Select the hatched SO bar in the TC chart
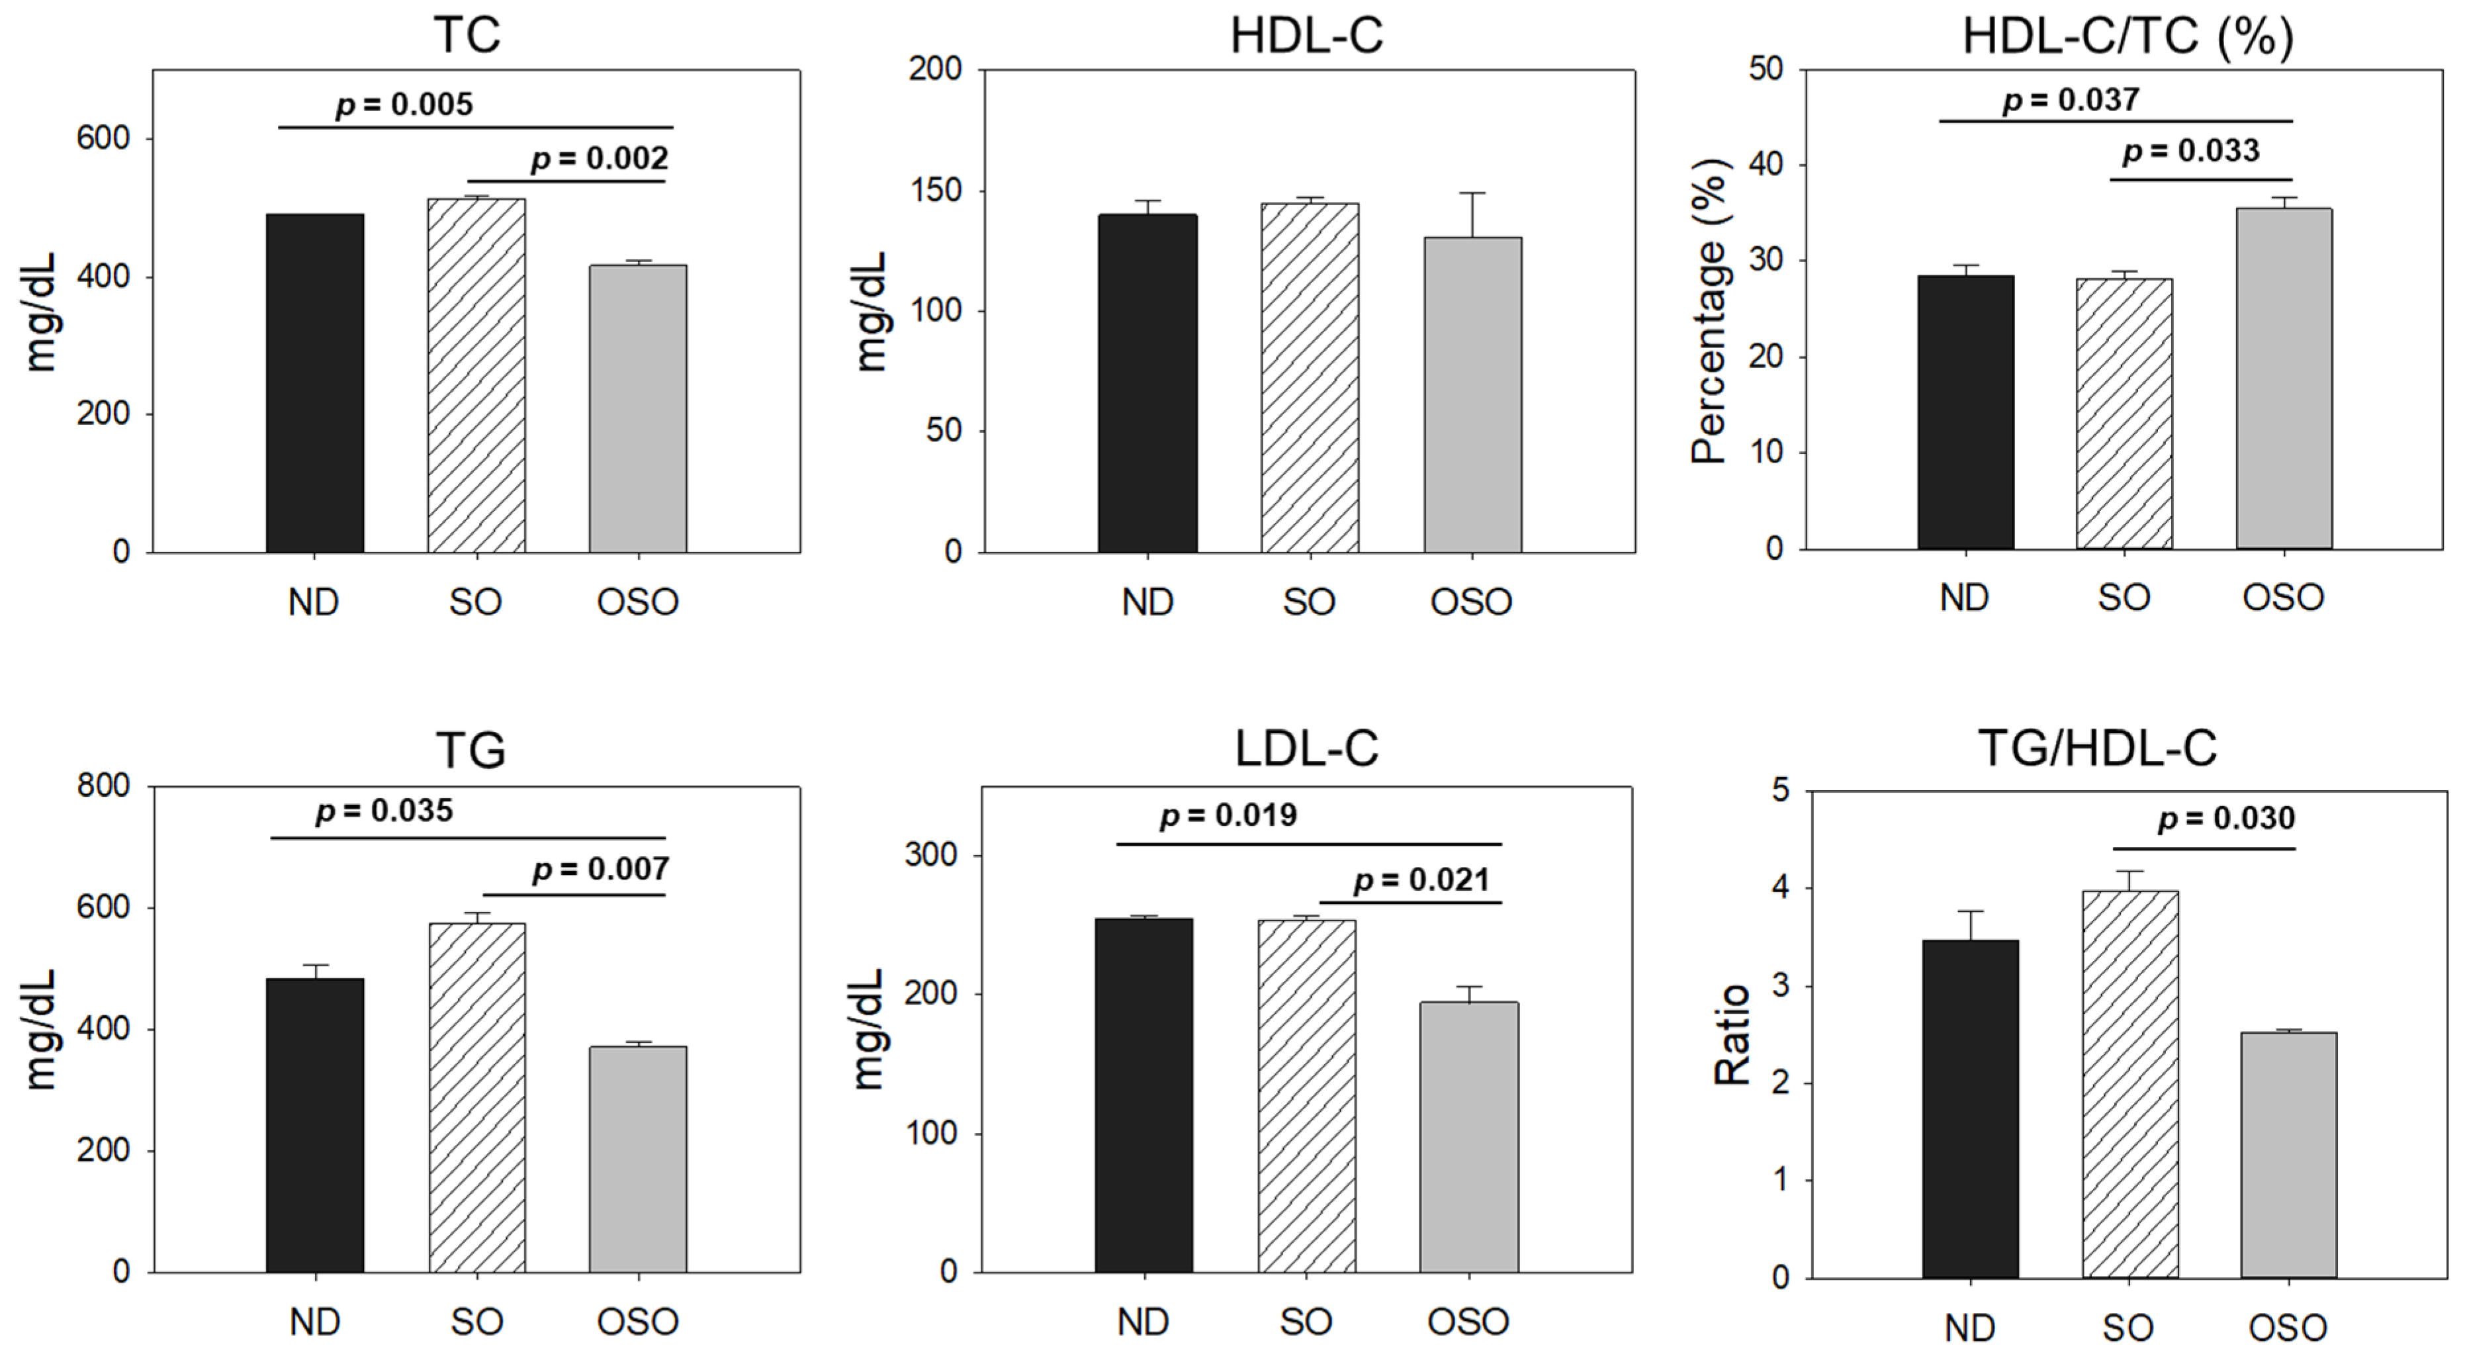[476, 375]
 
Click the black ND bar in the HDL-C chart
[1147, 383]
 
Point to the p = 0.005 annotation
[404, 105]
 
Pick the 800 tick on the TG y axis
[103, 786]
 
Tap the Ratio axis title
[1732, 1034]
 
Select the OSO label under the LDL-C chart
[1468, 1322]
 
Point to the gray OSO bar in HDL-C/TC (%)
[2284, 379]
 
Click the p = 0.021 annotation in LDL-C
[1421, 881]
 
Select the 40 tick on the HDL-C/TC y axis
[1765, 165]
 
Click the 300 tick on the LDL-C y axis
[931, 855]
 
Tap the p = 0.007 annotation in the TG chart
[600, 870]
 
